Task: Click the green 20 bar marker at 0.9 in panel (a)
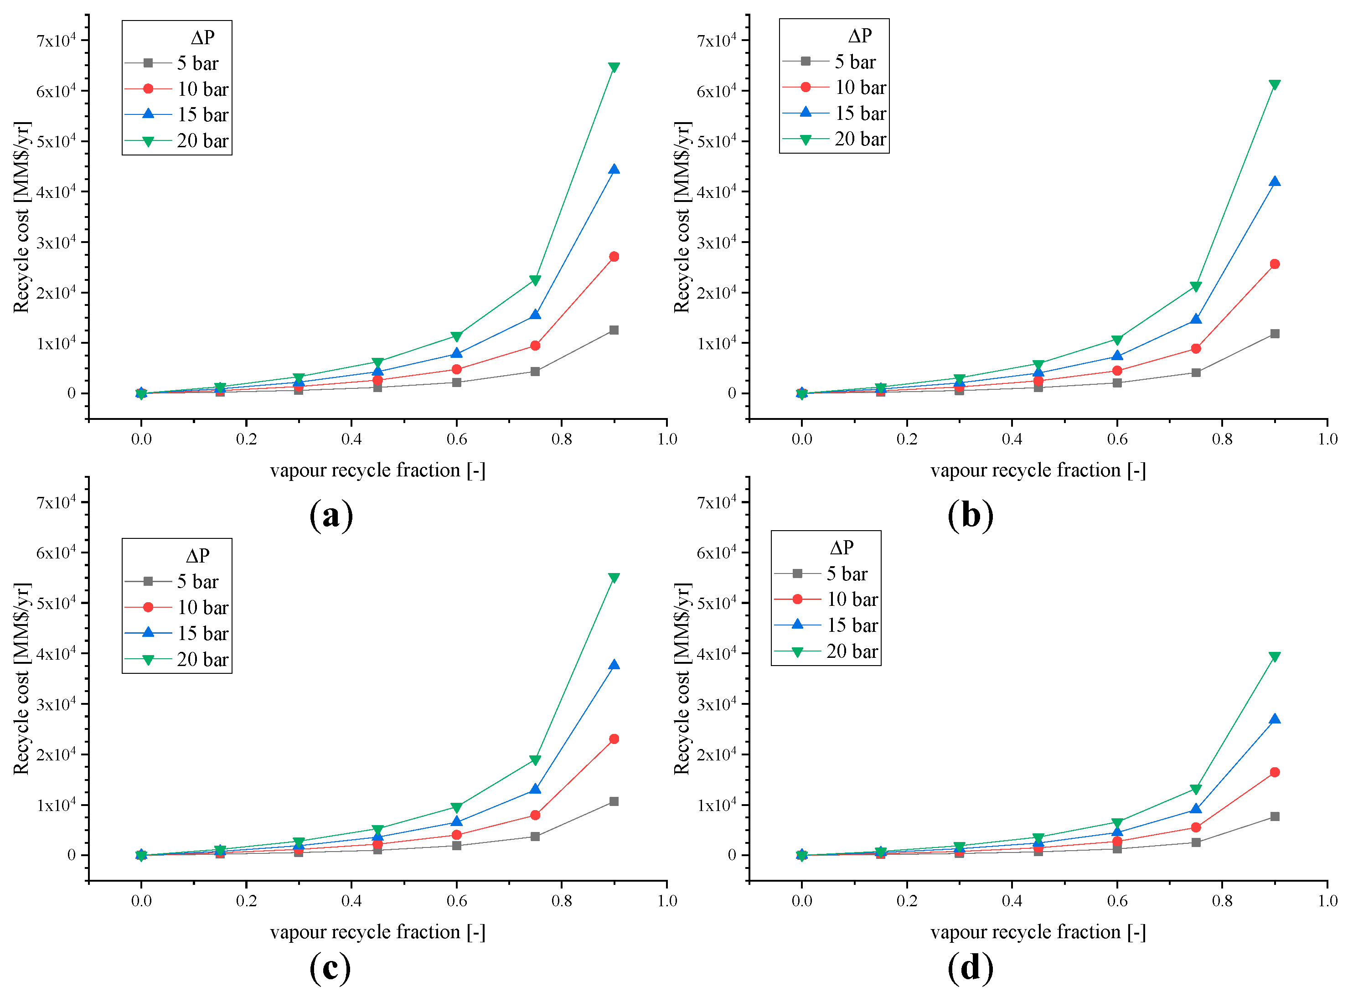[614, 67]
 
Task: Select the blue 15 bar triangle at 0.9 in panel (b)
[1275, 181]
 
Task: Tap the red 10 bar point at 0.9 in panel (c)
[614, 739]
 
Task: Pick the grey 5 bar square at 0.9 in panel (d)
[1275, 816]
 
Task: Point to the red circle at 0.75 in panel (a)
[535, 345]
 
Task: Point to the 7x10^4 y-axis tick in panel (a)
[56, 41]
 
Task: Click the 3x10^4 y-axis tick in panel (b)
[716, 243]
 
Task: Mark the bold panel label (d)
[970, 968]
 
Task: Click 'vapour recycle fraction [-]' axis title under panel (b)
[1038, 470]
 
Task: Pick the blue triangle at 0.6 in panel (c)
[456, 821]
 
